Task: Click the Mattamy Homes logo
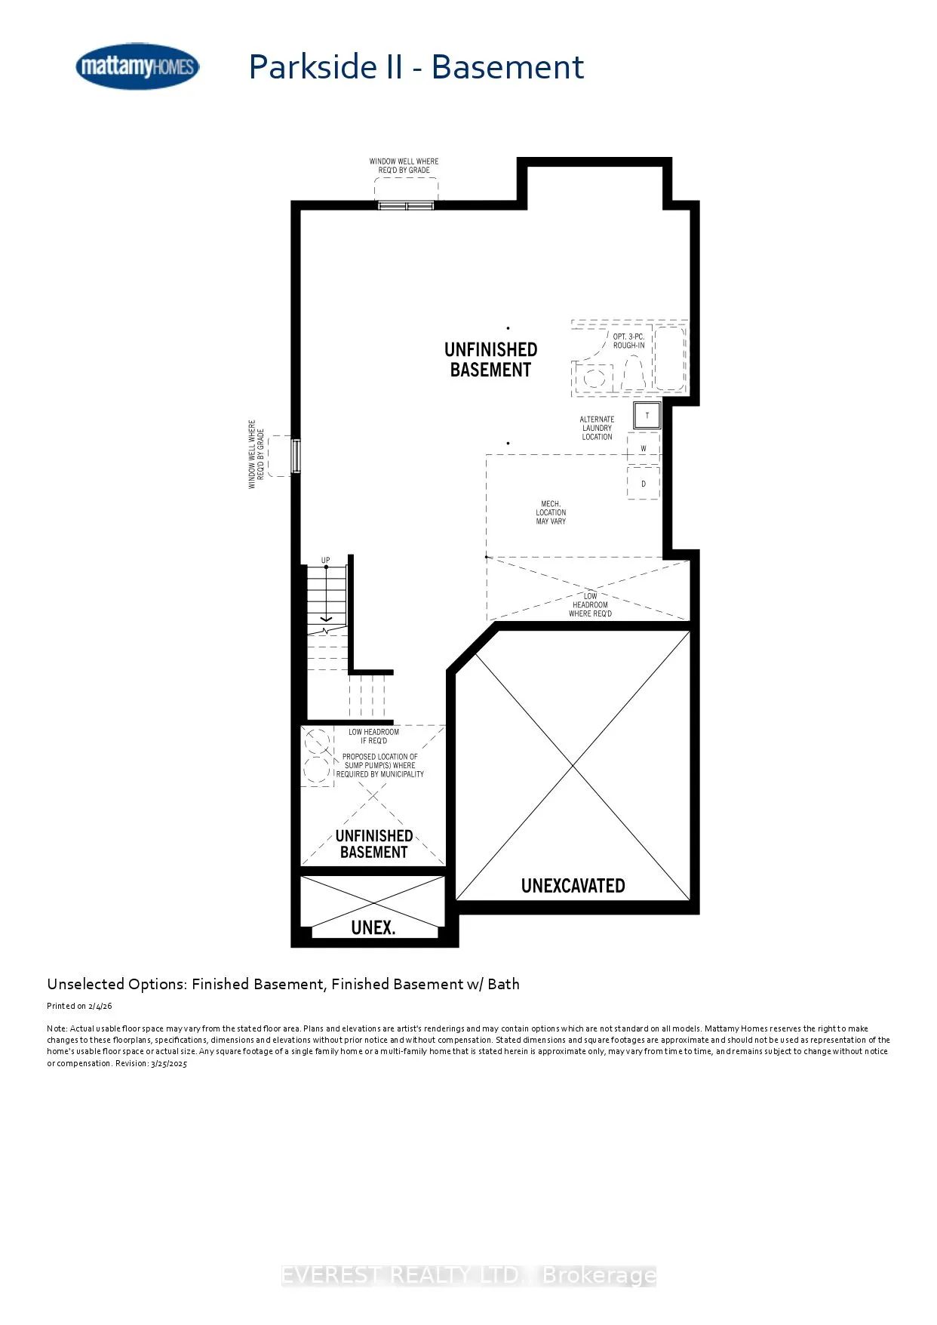pos(137,66)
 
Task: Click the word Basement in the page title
pos(508,67)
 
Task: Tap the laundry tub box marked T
pos(647,416)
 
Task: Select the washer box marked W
pos(644,448)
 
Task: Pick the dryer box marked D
pos(644,484)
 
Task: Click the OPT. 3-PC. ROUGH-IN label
pos(628,341)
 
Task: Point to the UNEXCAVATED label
pos(573,886)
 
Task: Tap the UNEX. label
pos(373,927)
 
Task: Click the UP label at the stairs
pos(326,561)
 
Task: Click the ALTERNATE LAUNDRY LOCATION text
pos(597,428)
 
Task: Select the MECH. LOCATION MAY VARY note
pos(551,512)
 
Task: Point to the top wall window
pos(406,205)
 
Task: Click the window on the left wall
pos(296,456)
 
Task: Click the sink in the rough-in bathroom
pos(595,375)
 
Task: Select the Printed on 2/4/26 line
pos(79,1006)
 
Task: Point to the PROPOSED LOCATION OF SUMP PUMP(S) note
pos(380,765)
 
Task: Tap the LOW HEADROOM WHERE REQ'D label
pos(591,604)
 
